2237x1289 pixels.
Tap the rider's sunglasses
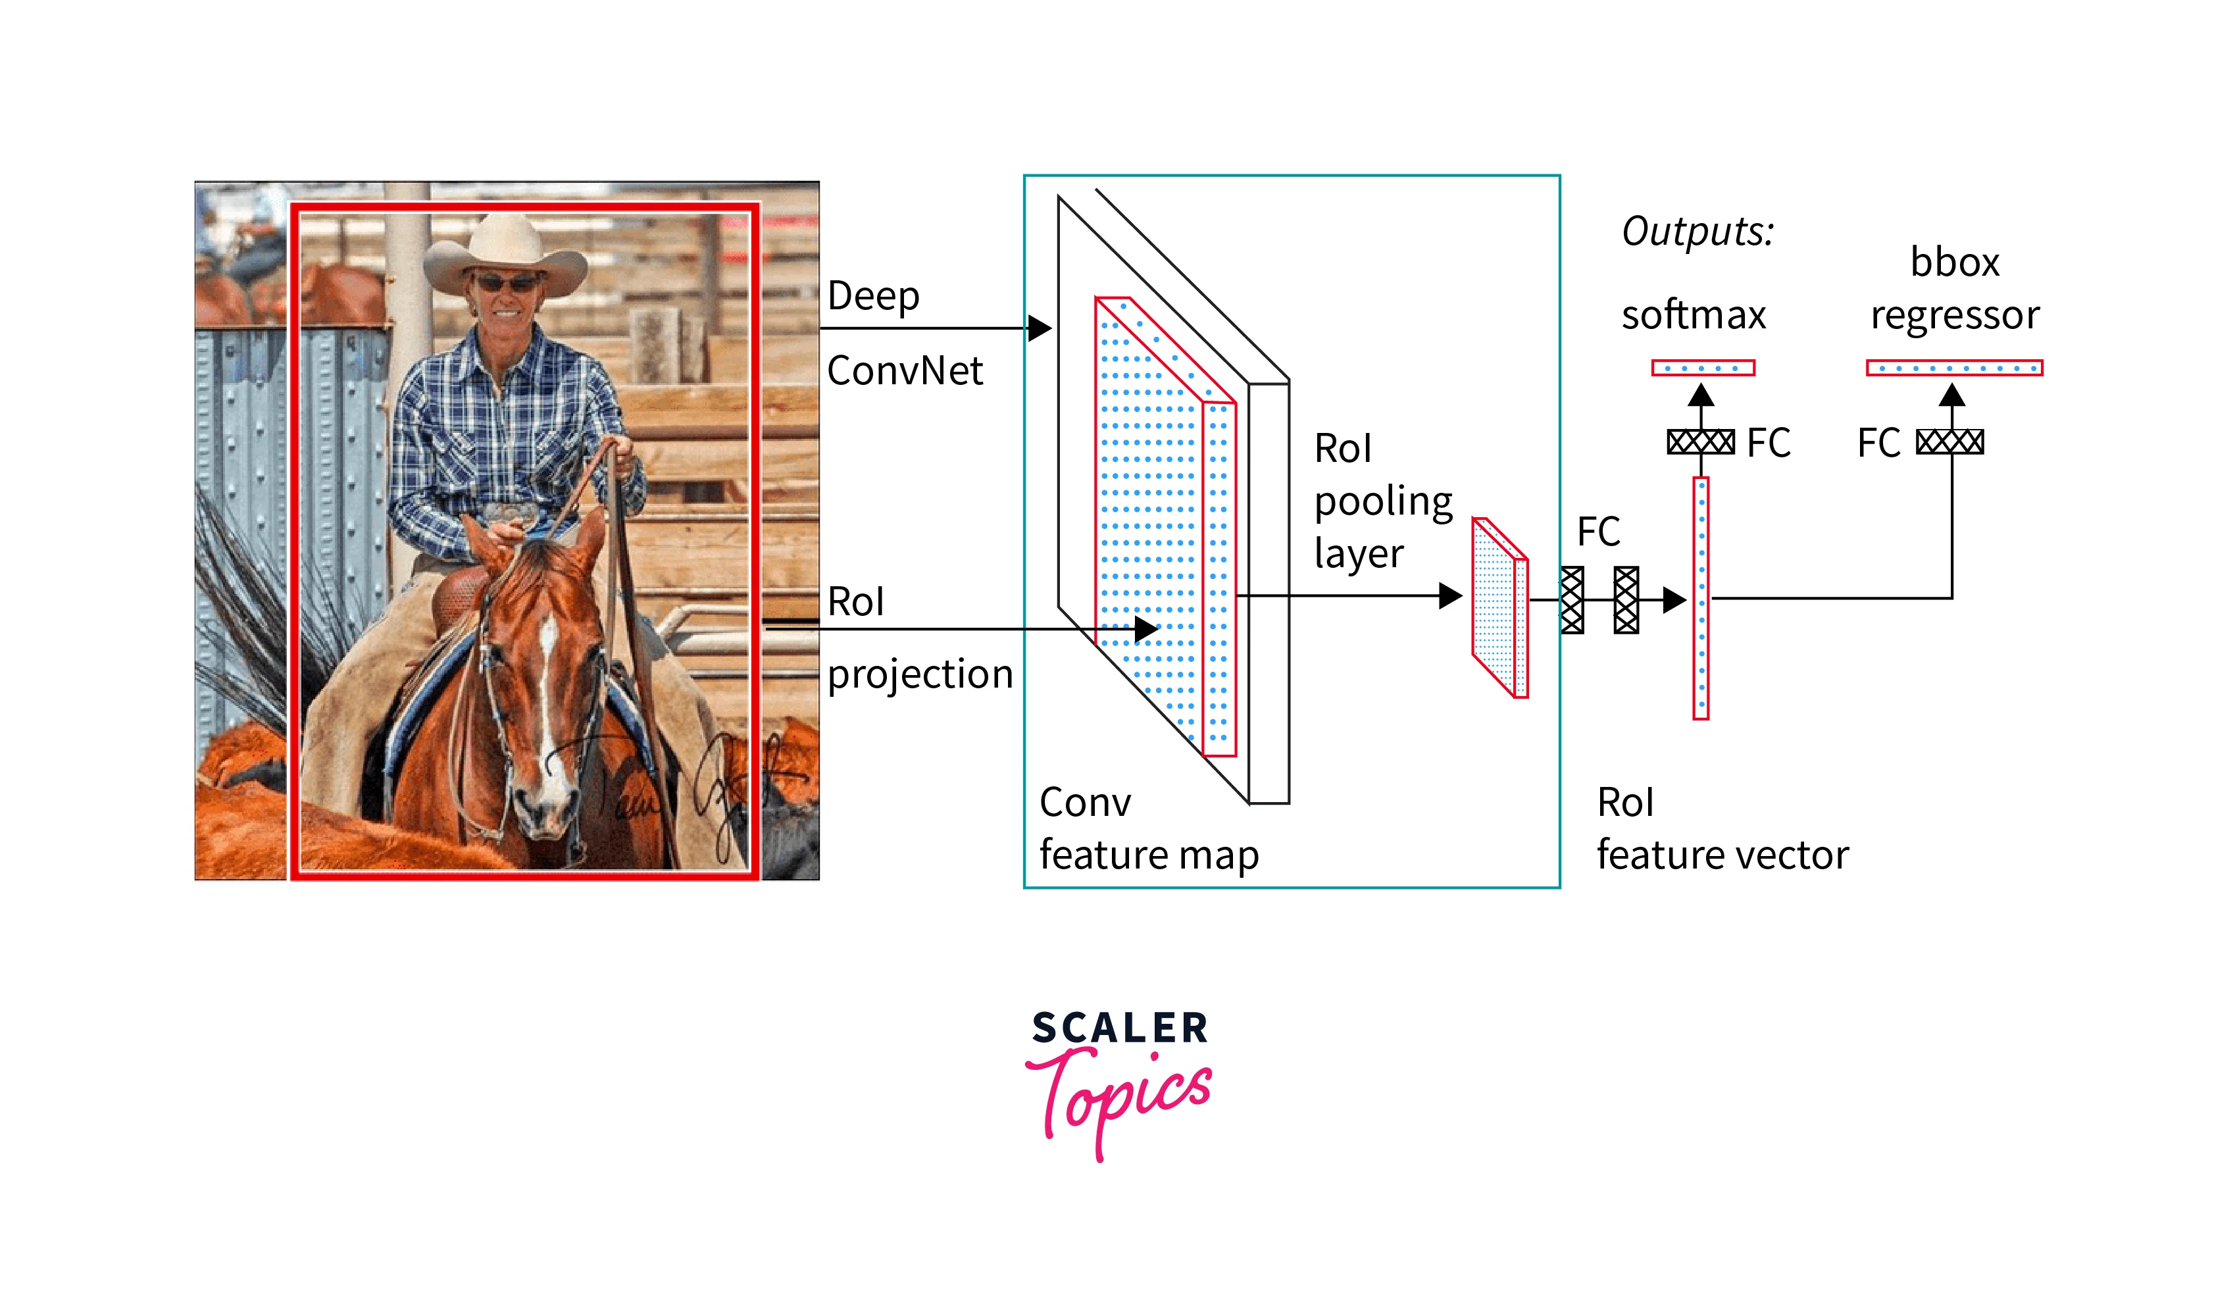[507, 284]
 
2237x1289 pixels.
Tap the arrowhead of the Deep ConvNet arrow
[1040, 328]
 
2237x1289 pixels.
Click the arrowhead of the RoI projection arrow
[1146, 630]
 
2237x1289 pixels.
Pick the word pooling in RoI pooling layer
[1384, 502]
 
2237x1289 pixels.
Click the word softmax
[1694, 315]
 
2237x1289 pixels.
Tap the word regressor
[1955, 316]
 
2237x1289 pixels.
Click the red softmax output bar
[1702, 367]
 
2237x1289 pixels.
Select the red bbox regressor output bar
[1953, 367]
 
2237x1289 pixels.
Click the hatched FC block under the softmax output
[1701, 442]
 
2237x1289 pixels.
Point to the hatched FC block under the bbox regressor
[1949, 442]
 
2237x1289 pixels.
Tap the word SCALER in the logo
[1120, 1028]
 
